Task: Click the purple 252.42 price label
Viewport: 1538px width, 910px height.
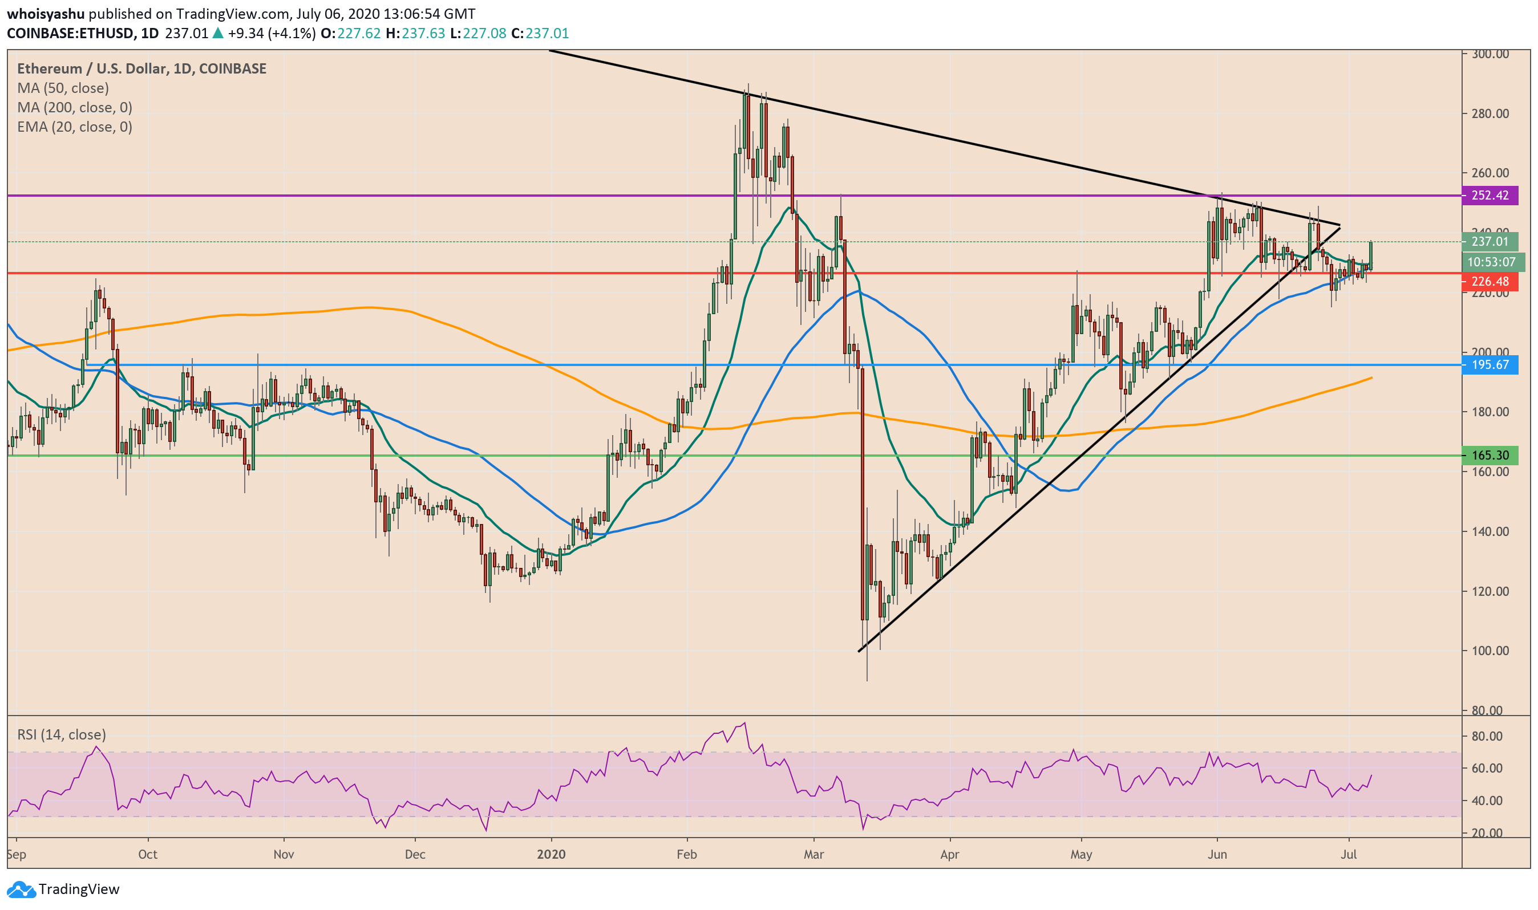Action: tap(1490, 196)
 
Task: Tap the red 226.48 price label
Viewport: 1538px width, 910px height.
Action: tap(1490, 282)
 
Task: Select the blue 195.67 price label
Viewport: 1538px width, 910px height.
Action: tap(1490, 365)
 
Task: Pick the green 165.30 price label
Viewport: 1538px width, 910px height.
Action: tap(1490, 455)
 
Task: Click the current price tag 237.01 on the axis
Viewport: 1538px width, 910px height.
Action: tap(1490, 242)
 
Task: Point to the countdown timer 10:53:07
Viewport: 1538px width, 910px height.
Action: tap(1491, 262)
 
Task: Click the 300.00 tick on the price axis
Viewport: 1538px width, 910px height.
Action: tap(1490, 54)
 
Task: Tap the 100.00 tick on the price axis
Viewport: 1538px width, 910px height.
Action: tap(1490, 651)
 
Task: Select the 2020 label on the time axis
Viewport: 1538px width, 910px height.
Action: tap(551, 854)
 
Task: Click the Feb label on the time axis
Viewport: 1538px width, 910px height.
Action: tap(686, 854)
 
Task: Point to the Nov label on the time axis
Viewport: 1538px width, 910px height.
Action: tap(284, 854)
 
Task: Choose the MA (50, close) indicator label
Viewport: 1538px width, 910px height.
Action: tap(63, 88)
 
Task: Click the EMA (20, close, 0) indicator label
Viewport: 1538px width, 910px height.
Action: tap(74, 127)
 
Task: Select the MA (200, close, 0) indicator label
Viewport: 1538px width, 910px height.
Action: tap(74, 107)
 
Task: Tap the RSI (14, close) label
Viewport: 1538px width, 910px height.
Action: tap(62, 734)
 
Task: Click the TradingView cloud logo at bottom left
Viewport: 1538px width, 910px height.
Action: tap(21, 888)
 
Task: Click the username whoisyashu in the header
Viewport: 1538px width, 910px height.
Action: tap(46, 14)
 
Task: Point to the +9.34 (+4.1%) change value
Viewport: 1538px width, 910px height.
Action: tap(271, 33)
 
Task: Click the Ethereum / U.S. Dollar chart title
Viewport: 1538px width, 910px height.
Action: tap(141, 68)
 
